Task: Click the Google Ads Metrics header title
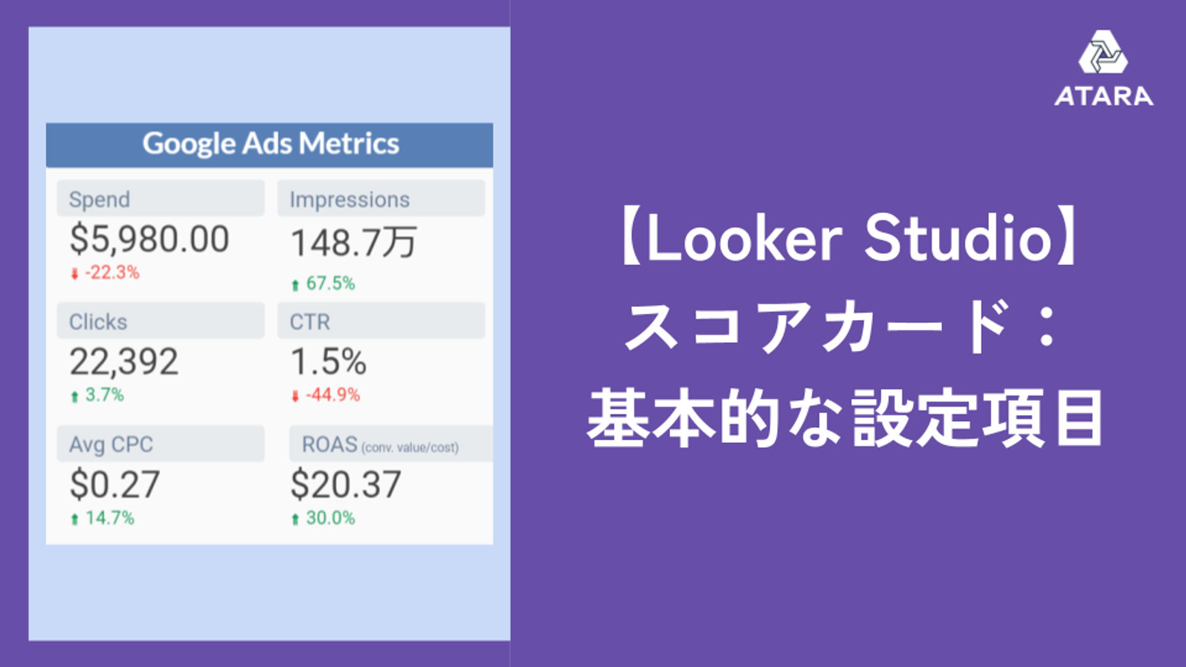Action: coord(271,144)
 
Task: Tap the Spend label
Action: coord(99,199)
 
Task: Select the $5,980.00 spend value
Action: coord(149,240)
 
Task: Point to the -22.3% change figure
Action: coord(112,272)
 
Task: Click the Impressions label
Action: coord(350,199)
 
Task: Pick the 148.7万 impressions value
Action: coord(354,243)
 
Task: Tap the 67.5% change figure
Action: coord(330,283)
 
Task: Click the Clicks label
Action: coord(98,322)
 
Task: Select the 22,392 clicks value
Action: coord(124,362)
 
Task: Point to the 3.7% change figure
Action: coord(104,395)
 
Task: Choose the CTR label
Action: coord(310,322)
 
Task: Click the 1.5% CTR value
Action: coord(329,362)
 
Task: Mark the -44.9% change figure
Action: coord(333,395)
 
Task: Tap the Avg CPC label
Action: coord(111,445)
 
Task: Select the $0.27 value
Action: coord(115,485)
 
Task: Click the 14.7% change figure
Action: coord(109,518)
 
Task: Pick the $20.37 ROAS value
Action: coord(346,485)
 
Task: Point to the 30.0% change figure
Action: coord(330,518)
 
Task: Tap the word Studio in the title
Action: coord(958,238)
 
